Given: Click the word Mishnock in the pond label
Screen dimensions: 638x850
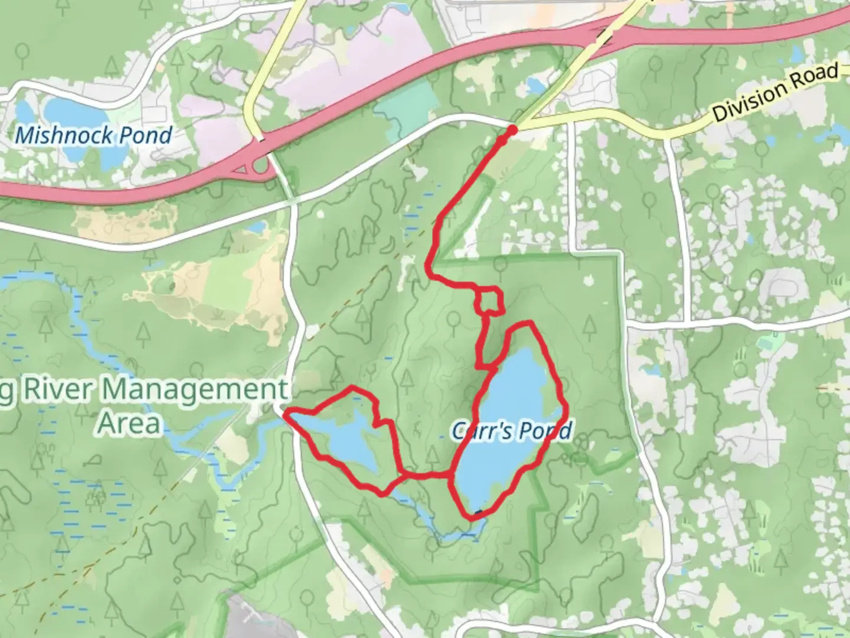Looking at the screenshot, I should pyautogui.click(x=64, y=135).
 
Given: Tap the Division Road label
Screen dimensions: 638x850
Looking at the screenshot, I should pyautogui.click(x=775, y=93).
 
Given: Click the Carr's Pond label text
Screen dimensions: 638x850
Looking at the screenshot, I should pyautogui.click(x=511, y=431).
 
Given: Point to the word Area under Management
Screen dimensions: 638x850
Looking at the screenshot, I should pyautogui.click(x=129, y=424).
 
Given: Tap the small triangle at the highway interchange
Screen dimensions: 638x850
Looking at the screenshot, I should pyautogui.click(x=241, y=171).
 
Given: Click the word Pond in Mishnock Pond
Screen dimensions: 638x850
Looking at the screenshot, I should pyautogui.click(x=145, y=135).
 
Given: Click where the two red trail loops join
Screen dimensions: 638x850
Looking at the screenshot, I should pyautogui.click(x=452, y=474).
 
